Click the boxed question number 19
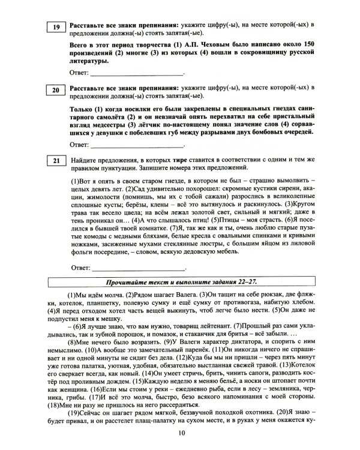click(56, 27)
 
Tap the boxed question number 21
click(56, 161)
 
